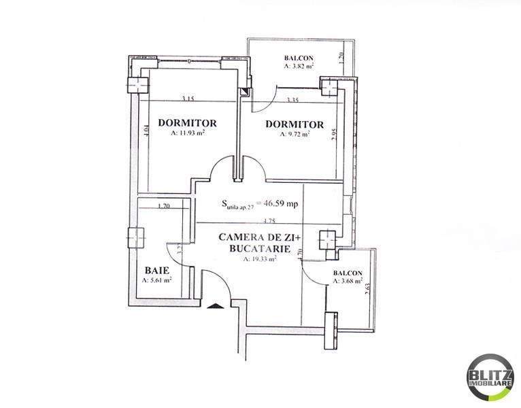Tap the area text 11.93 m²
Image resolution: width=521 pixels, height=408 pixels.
click(187, 133)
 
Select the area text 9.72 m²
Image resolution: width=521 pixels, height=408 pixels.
click(295, 135)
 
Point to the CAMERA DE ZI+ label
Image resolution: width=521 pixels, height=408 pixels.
click(253, 238)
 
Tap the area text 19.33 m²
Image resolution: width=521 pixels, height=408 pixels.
click(253, 259)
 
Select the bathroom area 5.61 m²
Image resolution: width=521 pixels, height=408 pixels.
click(157, 279)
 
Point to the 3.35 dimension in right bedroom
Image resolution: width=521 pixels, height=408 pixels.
click(293, 100)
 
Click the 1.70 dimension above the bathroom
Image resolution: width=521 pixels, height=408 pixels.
click(163, 206)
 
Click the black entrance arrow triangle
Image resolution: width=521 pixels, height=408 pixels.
click(215, 306)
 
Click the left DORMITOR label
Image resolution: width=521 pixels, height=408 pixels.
click(187, 123)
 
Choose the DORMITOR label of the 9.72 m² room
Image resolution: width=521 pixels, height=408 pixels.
click(295, 124)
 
